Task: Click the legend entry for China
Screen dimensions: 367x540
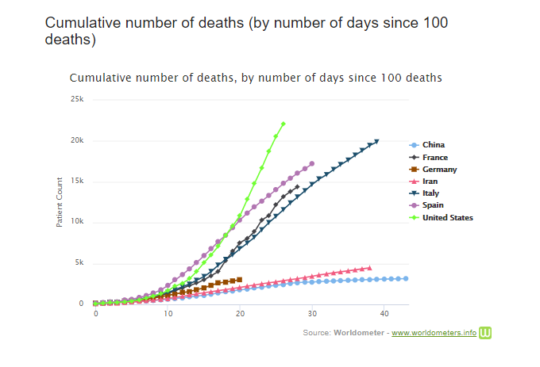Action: pyautogui.click(x=433, y=145)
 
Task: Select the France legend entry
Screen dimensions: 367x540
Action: pyautogui.click(x=434, y=157)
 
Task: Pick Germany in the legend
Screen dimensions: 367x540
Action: pyautogui.click(x=439, y=170)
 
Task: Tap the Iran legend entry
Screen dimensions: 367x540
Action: pyautogui.click(x=430, y=182)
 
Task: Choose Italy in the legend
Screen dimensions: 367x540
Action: pyautogui.click(x=430, y=193)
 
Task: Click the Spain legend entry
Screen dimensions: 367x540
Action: pyautogui.click(x=433, y=205)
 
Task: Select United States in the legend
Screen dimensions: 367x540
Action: pyautogui.click(x=447, y=217)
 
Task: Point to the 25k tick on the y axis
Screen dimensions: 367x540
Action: pyautogui.click(x=77, y=99)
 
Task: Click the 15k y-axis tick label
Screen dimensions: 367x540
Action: pyautogui.click(x=77, y=182)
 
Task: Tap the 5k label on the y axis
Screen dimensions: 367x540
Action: pyautogui.click(x=79, y=263)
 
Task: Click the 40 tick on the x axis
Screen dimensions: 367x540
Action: pyautogui.click(x=384, y=314)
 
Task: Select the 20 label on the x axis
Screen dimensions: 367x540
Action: pyautogui.click(x=240, y=314)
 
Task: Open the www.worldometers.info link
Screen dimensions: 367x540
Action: pyautogui.click(x=434, y=333)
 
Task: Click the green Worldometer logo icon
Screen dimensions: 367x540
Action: pyautogui.click(x=485, y=332)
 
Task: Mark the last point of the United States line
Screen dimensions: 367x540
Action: pyautogui.click(x=283, y=124)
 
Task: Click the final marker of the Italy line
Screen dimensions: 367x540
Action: pyautogui.click(x=376, y=141)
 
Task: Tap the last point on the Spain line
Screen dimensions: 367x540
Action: pyautogui.click(x=312, y=163)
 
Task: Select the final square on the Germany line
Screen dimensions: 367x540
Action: pyautogui.click(x=240, y=279)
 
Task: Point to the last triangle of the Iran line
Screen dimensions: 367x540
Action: pyautogui.click(x=369, y=268)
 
